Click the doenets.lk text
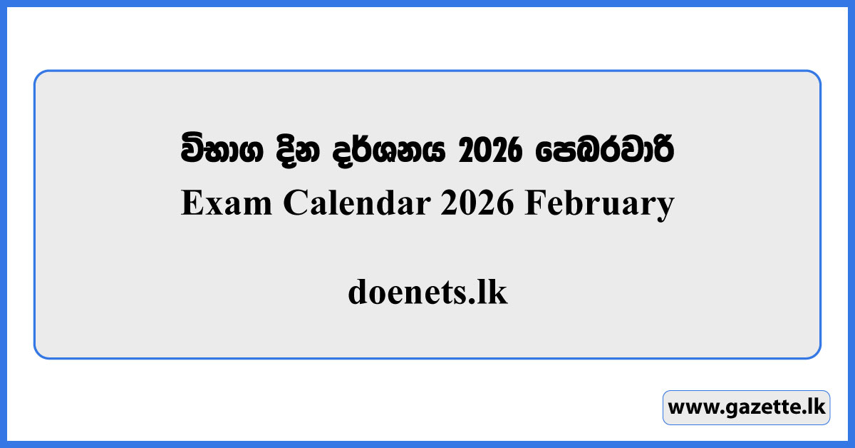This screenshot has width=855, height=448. coord(427,292)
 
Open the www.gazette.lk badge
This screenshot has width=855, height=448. coord(746,407)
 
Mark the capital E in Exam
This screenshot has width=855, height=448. coord(192,205)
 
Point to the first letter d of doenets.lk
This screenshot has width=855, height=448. coord(358,292)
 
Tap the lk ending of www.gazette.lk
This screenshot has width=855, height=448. coord(816,407)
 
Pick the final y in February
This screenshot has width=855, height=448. coord(665,208)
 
